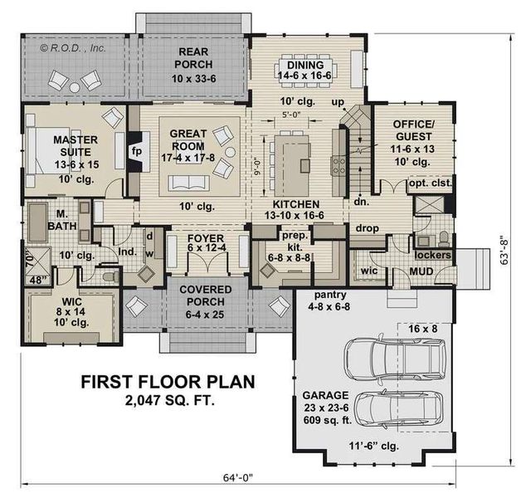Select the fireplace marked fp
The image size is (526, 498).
pos(139,152)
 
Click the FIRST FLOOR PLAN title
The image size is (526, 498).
pos(167,383)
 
